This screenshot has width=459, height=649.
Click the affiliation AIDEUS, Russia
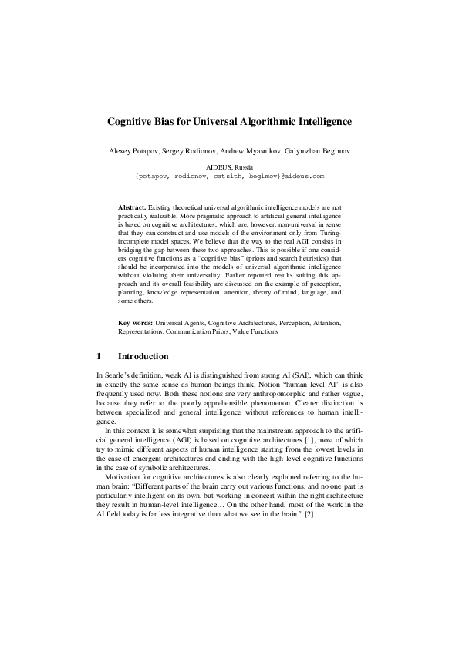point(229,166)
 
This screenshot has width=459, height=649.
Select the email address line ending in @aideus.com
point(229,176)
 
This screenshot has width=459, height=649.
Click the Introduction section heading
point(143,357)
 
